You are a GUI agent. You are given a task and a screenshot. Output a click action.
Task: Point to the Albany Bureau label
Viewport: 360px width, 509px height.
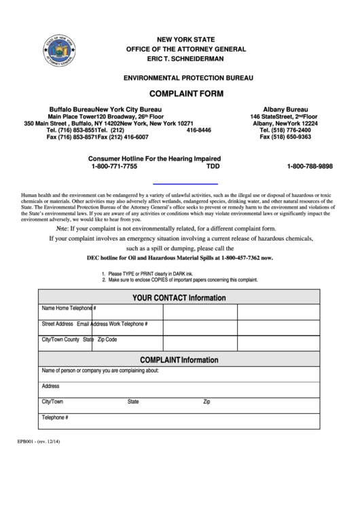285,109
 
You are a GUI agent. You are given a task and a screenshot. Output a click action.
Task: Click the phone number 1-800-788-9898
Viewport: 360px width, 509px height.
310,166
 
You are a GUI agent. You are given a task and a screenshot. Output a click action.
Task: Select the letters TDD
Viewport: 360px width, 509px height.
213,166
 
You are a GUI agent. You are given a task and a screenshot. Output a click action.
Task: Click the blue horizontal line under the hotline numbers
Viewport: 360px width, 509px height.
185,183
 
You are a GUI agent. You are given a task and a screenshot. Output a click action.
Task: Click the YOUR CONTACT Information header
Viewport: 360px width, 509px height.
179,298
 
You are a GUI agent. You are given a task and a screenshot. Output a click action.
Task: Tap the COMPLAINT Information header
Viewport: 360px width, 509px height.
179,359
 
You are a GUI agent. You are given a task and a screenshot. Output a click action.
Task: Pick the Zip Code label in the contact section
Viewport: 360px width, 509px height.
107,338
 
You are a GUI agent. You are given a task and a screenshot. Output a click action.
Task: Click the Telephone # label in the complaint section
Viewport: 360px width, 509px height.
55,417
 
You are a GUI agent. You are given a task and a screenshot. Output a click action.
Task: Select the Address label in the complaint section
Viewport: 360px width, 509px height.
51,386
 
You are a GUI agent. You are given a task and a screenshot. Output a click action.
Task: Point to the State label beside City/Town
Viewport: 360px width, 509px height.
133,402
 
